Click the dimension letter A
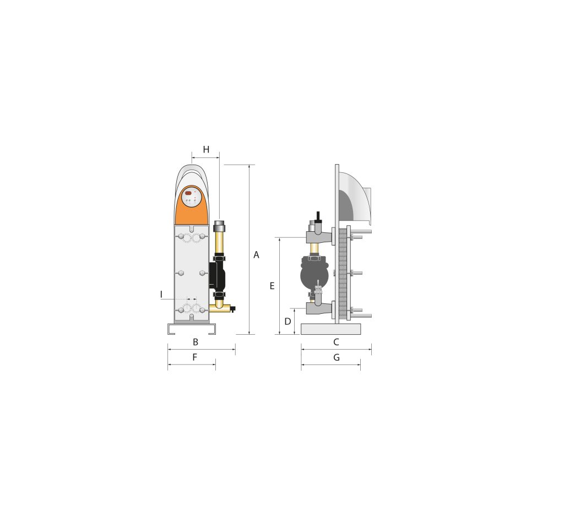tap(256, 255)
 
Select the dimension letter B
tap(196, 342)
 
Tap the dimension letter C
tap(337, 342)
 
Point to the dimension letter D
tap(288, 322)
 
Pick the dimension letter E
tap(272, 286)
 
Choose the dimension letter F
tap(194, 357)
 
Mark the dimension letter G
tap(337, 357)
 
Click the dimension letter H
tap(206, 149)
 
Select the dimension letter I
tap(161, 295)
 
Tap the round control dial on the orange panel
tap(192, 197)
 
